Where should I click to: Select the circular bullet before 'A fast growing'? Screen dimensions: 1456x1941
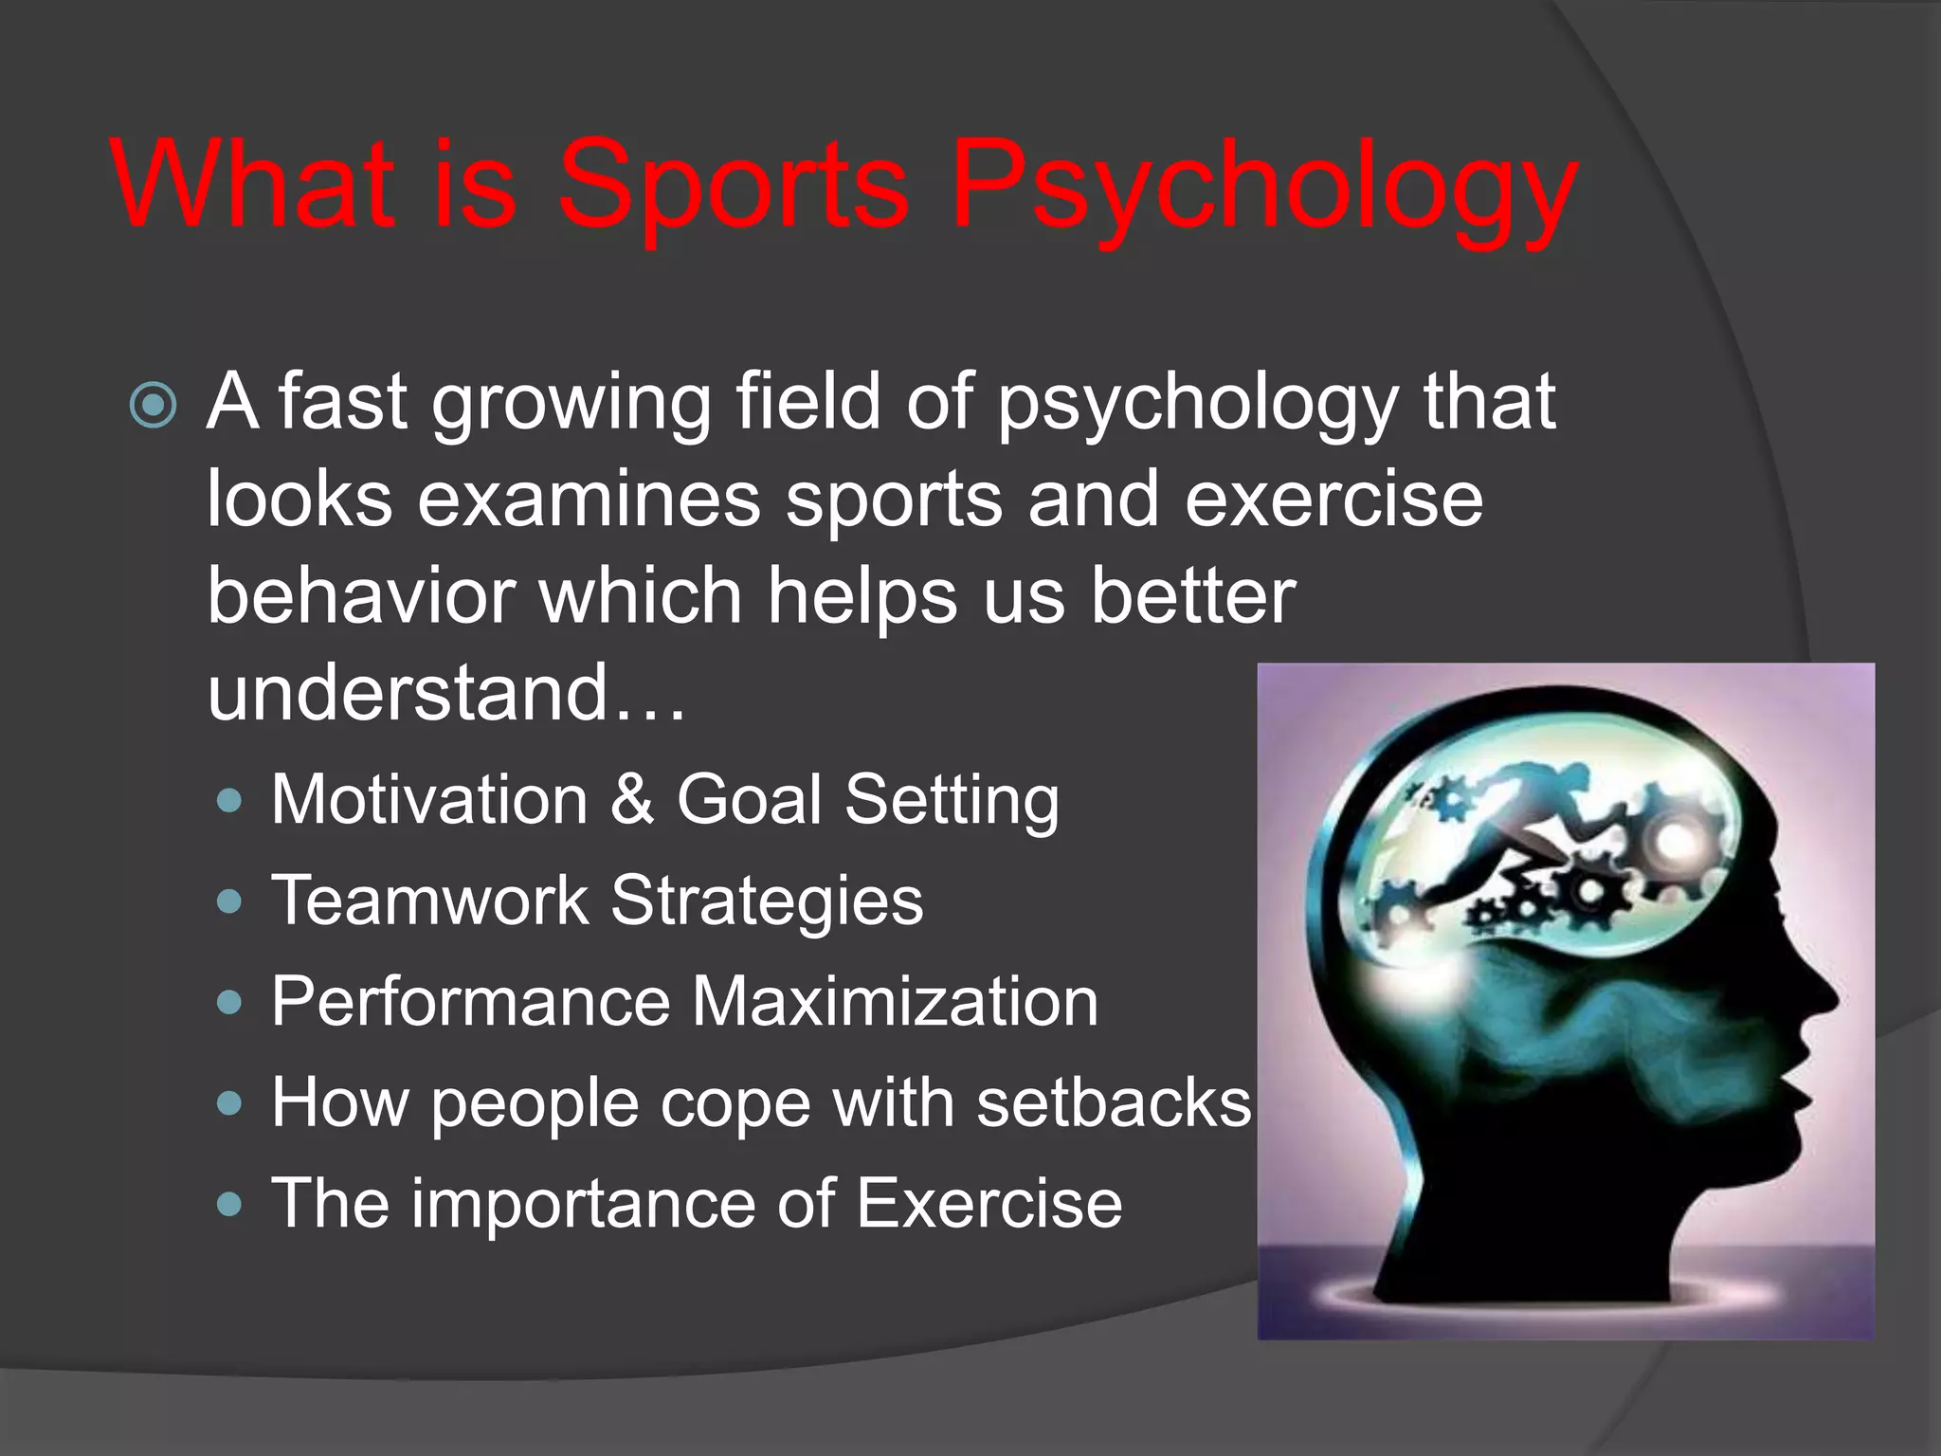(154, 406)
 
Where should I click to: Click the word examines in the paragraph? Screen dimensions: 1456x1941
(589, 500)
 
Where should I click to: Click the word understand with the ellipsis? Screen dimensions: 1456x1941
(445, 693)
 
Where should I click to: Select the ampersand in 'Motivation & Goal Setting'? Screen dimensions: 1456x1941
(632, 799)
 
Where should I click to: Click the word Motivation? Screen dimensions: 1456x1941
(429, 799)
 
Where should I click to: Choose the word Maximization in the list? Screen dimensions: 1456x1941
(895, 1001)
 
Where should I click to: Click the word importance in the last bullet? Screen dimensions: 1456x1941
(584, 1203)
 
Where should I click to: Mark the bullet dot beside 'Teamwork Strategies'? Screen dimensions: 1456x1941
(228, 901)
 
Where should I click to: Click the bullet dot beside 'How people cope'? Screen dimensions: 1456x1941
(228, 1103)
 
